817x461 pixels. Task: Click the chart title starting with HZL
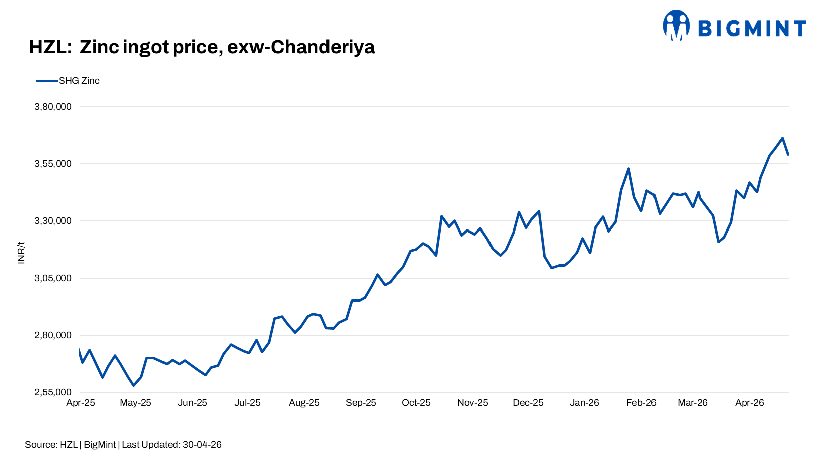(202, 47)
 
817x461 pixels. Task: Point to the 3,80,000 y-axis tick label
(53, 107)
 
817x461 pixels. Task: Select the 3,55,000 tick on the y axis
(53, 164)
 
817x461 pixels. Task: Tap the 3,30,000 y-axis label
(53, 221)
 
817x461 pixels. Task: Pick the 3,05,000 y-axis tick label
(53, 278)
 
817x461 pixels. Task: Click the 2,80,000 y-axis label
(53, 335)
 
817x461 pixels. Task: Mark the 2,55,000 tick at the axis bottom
(53, 392)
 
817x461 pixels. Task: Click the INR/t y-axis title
(21, 253)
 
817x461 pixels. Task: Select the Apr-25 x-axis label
(81, 403)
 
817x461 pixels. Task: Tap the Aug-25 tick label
(304, 403)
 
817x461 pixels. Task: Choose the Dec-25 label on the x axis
(528, 403)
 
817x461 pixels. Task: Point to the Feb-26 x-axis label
(641, 403)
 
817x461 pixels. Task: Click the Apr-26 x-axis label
(749, 403)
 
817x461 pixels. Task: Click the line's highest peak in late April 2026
(782, 138)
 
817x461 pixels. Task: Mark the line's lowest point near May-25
(133, 385)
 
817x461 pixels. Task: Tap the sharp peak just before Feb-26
(628, 169)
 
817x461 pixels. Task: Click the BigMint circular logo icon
(676, 25)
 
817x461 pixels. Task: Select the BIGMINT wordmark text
(752, 28)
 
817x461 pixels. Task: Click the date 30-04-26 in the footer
(202, 445)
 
